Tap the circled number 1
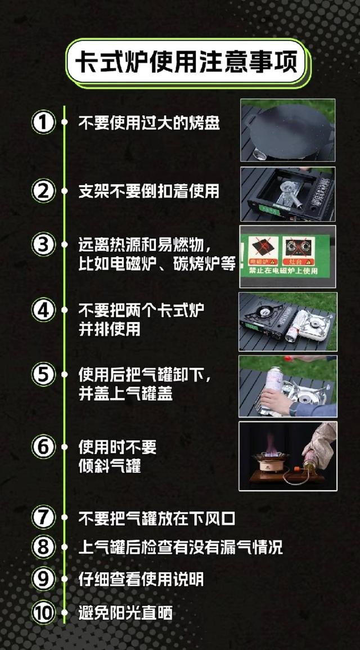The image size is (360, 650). [x=43, y=123]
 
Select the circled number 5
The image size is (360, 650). [x=43, y=374]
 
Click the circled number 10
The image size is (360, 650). [x=43, y=613]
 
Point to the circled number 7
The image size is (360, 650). [x=43, y=518]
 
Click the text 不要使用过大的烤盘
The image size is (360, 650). [x=149, y=123]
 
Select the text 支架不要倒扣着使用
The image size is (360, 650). [x=148, y=191]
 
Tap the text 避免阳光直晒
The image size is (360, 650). [x=125, y=613]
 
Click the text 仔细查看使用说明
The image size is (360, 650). [x=141, y=579]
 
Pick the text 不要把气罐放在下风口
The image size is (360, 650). [x=157, y=518]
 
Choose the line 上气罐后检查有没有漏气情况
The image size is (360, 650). [x=181, y=547]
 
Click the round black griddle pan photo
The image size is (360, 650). [x=288, y=130]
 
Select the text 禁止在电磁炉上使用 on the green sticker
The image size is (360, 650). [x=283, y=271]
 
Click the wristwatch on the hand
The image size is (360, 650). [x=293, y=409]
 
